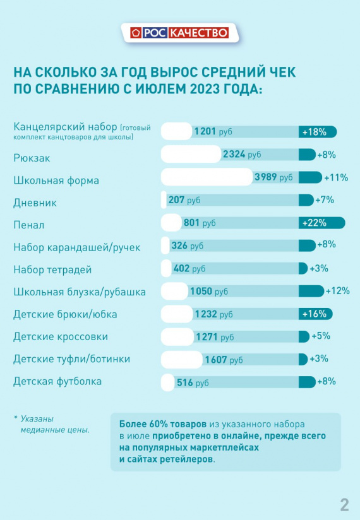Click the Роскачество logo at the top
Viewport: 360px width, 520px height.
(179, 33)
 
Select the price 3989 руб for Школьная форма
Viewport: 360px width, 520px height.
(273, 177)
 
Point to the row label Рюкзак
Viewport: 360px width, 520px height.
(32, 158)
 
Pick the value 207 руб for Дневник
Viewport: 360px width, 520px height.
(184, 200)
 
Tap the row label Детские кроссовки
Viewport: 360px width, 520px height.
(61, 336)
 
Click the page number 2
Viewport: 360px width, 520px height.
(344, 505)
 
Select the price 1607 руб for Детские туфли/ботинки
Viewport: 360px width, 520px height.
(224, 360)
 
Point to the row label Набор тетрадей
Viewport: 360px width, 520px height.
(52, 269)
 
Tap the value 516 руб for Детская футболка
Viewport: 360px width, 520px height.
(193, 382)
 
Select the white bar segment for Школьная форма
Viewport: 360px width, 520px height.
(207, 177)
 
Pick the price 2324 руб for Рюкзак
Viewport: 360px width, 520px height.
(242, 154)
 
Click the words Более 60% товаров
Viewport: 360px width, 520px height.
(162, 424)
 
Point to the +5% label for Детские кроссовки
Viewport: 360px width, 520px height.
(320, 336)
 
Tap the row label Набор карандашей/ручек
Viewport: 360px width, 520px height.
(77, 247)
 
